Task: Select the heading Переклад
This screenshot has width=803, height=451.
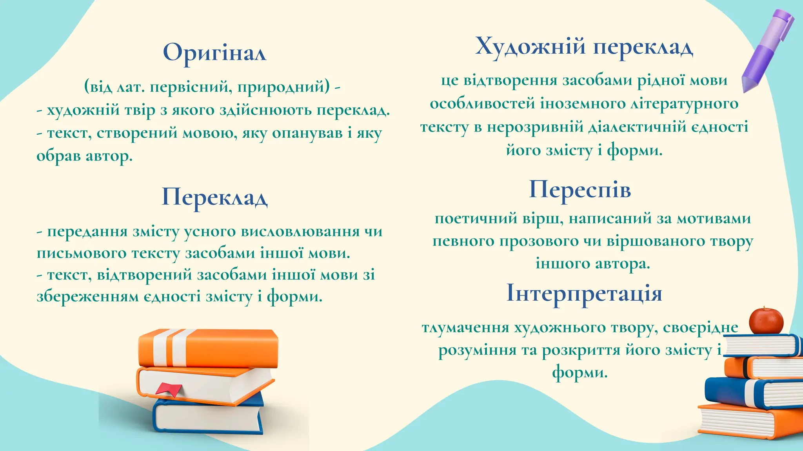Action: (x=214, y=197)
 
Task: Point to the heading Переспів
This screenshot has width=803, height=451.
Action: (x=580, y=190)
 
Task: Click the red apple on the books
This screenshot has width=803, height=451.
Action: (x=766, y=321)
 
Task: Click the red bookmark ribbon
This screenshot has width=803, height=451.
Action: (x=169, y=389)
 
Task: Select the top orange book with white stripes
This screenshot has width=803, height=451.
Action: (x=208, y=348)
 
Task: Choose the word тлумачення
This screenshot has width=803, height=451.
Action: (x=465, y=327)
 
